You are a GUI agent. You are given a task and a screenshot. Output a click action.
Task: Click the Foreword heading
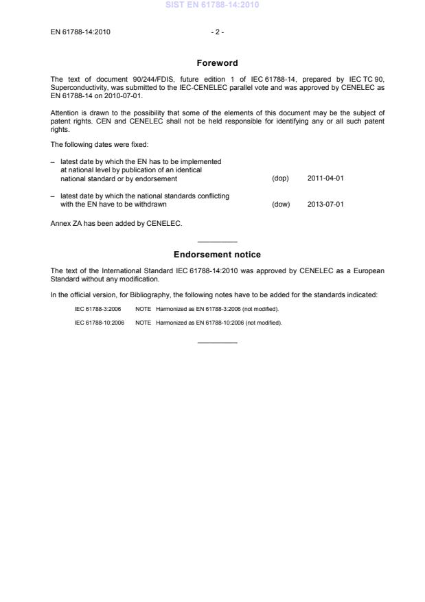pyautogui.click(x=217, y=63)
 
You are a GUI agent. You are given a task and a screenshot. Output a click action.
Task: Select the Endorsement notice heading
pyautogui.click(x=217, y=255)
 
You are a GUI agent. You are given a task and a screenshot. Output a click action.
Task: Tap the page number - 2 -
pyautogui.click(x=218, y=32)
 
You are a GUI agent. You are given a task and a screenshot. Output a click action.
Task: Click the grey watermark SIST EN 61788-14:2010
pyautogui.click(x=212, y=5)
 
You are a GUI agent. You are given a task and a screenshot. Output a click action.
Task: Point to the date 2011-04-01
pyautogui.click(x=325, y=178)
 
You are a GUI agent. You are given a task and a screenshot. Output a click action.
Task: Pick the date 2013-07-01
pyautogui.click(x=325, y=204)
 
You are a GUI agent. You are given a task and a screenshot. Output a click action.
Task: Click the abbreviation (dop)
pyautogui.click(x=280, y=178)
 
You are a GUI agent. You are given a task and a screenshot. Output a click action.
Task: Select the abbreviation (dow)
pyautogui.click(x=281, y=204)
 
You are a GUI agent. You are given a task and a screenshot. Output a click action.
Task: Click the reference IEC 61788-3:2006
pyautogui.click(x=97, y=309)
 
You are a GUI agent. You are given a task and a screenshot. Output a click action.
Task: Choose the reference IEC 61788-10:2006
pyautogui.click(x=100, y=323)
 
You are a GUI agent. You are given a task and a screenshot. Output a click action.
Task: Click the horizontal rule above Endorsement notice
pyautogui.click(x=217, y=242)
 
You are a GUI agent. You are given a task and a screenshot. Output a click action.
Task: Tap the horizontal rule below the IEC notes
pyautogui.click(x=217, y=343)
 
